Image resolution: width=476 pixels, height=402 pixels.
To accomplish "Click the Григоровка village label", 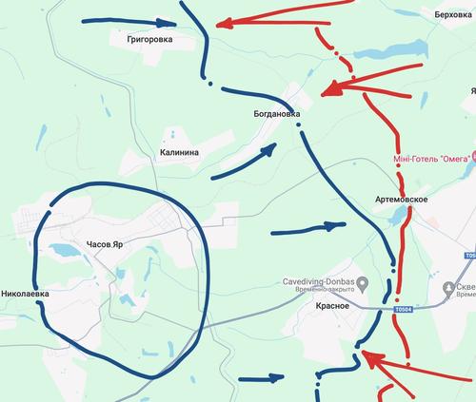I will click(145, 41).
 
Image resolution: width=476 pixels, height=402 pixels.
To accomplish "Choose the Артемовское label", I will click(400, 199).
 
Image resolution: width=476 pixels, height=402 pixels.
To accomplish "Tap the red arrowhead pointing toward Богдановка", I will click(328, 91).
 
